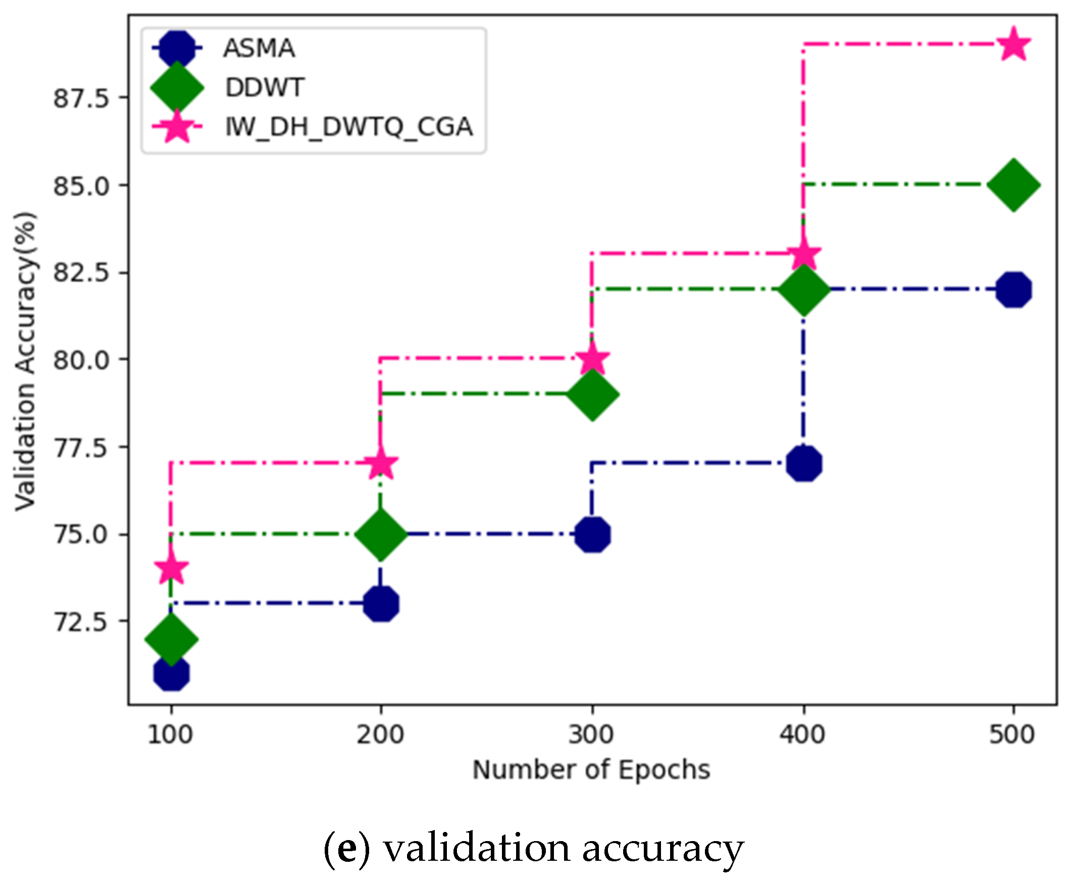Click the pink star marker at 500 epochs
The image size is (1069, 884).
click(x=1013, y=45)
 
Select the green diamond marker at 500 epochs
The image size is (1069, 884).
click(x=1013, y=185)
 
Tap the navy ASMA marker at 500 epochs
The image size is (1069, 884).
click(x=1013, y=290)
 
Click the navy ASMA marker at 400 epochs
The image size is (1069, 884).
click(x=803, y=463)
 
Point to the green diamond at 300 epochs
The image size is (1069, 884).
click(x=592, y=394)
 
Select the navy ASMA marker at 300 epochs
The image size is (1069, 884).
click(x=592, y=534)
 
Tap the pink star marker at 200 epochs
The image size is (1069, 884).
click(x=381, y=463)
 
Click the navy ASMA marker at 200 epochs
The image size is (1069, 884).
click(x=381, y=604)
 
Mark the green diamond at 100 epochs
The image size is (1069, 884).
click(x=172, y=639)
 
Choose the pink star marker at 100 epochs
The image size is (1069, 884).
click(x=172, y=568)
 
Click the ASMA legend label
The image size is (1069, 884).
click(x=259, y=49)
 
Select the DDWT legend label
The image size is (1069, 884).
click(x=265, y=87)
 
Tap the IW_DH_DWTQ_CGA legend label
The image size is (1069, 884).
click(x=349, y=127)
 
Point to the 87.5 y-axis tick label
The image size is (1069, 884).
click(x=81, y=98)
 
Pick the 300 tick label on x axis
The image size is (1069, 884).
click(x=591, y=735)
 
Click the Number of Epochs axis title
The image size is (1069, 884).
click(x=591, y=769)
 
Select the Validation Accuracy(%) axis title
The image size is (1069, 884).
click(x=25, y=361)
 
